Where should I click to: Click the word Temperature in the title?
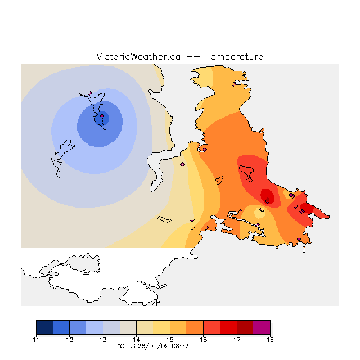(234, 56)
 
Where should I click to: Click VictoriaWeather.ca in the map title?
(138, 56)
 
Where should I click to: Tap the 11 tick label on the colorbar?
(36, 340)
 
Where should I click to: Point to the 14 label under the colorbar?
(136, 340)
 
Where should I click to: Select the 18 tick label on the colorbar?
(270, 340)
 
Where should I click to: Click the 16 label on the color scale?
(203, 340)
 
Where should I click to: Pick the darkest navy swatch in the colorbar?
(44, 327)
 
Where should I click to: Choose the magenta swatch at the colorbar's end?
(262, 327)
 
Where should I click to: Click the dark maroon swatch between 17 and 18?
(245, 327)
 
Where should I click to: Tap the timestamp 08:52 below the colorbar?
(180, 346)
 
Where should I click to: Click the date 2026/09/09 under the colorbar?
(150, 346)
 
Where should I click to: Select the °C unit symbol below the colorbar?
(121, 346)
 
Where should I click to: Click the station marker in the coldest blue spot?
(102, 116)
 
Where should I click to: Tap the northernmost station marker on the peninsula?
(234, 85)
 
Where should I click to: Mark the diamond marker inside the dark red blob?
(268, 201)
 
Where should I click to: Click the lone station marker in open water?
(182, 164)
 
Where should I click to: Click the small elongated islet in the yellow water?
(164, 219)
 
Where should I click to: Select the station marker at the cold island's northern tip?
(90, 93)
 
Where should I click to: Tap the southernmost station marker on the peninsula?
(299, 238)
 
